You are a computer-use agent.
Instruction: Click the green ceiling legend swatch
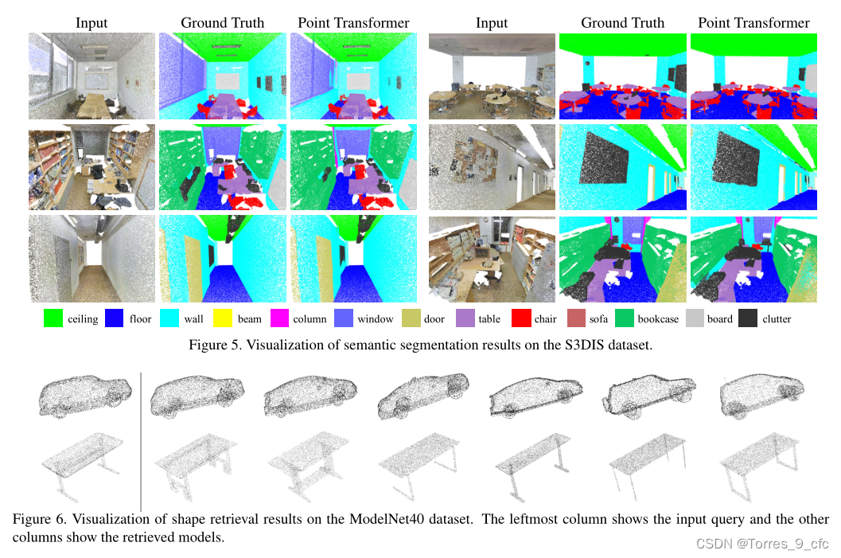point(53,318)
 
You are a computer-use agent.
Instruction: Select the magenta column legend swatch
point(280,318)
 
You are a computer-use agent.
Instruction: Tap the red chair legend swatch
point(522,318)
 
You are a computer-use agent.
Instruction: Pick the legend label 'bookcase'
point(658,319)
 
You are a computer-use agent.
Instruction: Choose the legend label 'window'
point(376,319)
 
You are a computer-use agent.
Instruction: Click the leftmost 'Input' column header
point(91,22)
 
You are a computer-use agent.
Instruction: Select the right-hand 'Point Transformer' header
point(753,22)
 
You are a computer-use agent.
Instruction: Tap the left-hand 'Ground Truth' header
point(222,22)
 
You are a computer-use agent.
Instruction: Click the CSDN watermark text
point(762,544)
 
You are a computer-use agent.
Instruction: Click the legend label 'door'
point(434,319)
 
